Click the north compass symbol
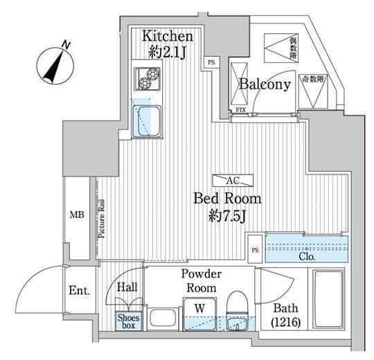pyautogui.click(x=55, y=66)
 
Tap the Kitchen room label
pyautogui.click(x=168, y=36)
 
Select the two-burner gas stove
pyautogui.click(x=147, y=79)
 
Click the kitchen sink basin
pyautogui.click(x=147, y=121)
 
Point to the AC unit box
pyautogui.click(x=233, y=181)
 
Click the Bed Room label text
pyautogui.click(x=227, y=199)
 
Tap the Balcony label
pyautogui.click(x=265, y=84)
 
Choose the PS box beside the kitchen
pyautogui.click(x=211, y=62)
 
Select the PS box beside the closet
pyautogui.click(x=255, y=249)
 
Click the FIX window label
pyautogui.click(x=240, y=110)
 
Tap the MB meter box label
pyautogui.click(x=77, y=215)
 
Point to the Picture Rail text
pyautogui.click(x=101, y=218)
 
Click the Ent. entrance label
pyautogui.click(x=79, y=290)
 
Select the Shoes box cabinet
pyautogui.click(x=129, y=321)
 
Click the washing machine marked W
pyautogui.click(x=200, y=314)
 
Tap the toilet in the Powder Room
pyautogui.click(x=238, y=310)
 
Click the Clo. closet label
pyautogui.click(x=307, y=257)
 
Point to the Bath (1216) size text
pyautogui.click(x=286, y=315)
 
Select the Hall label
pyautogui.click(x=127, y=287)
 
